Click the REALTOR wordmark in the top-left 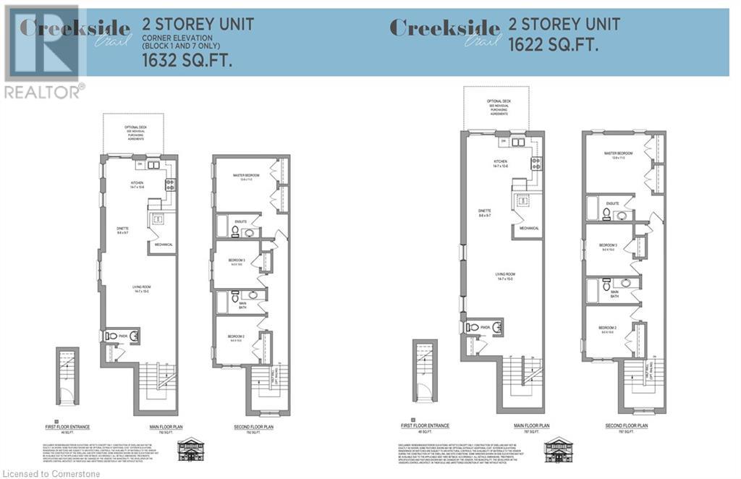(43, 92)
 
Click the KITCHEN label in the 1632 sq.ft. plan (137, 183)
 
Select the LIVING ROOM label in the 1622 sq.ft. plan (504, 274)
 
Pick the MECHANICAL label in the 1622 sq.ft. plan (528, 228)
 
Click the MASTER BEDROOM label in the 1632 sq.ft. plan (246, 175)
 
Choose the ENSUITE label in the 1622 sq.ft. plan (613, 203)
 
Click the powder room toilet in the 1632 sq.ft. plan (111, 336)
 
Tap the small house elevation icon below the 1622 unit (558, 449)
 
